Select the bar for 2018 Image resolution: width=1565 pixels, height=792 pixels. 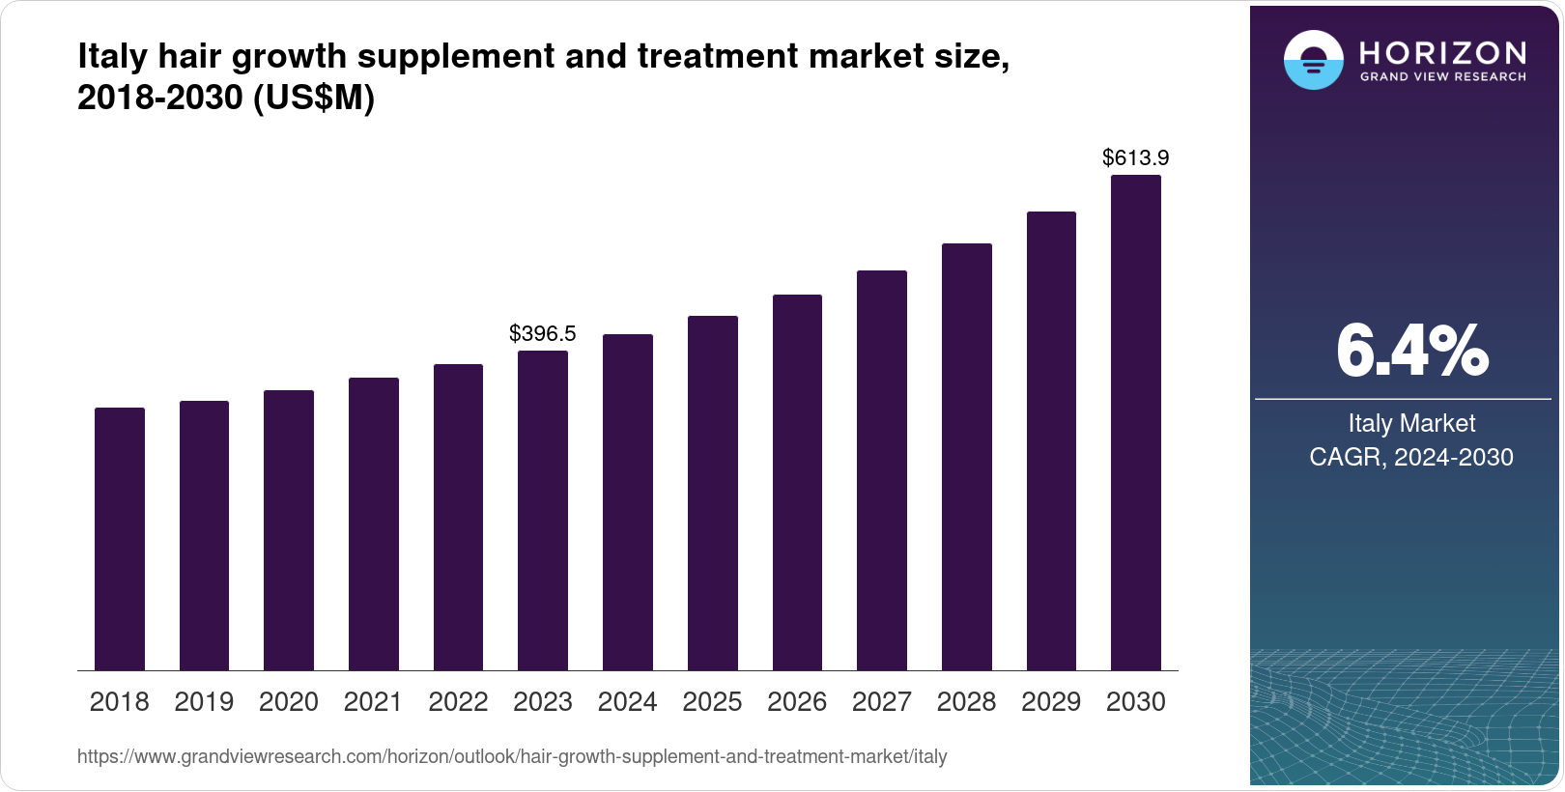click(x=120, y=539)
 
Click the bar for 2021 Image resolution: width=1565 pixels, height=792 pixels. click(x=374, y=524)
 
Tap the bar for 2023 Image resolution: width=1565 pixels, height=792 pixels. click(x=543, y=511)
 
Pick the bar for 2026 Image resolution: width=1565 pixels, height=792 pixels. click(x=797, y=483)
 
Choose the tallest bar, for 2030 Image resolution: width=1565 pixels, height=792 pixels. click(x=1136, y=423)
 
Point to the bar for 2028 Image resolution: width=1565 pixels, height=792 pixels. click(x=967, y=457)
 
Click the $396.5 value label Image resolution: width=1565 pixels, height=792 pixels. click(x=543, y=334)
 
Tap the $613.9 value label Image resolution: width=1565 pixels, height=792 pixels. click(x=1136, y=157)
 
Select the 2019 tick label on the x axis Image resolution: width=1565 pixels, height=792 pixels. click(x=204, y=702)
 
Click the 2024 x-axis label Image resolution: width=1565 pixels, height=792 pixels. click(x=628, y=702)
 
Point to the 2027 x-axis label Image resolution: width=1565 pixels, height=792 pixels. click(x=882, y=702)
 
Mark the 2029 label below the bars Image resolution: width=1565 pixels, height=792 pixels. click(x=1051, y=702)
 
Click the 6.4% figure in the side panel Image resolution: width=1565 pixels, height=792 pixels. click(x=1411, y=352)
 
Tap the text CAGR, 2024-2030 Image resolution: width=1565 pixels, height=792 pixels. click(x=1411, y=457)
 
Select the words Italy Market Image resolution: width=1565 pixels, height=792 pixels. click(x=1411, y=423)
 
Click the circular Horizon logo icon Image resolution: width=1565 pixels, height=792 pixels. click(x=1313, y=60)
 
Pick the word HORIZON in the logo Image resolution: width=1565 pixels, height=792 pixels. click(x=1443, y=52)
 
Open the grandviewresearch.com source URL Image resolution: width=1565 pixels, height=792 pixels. click(x=512, y=757)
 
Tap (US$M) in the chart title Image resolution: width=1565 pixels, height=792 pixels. click(x=314, y=99)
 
